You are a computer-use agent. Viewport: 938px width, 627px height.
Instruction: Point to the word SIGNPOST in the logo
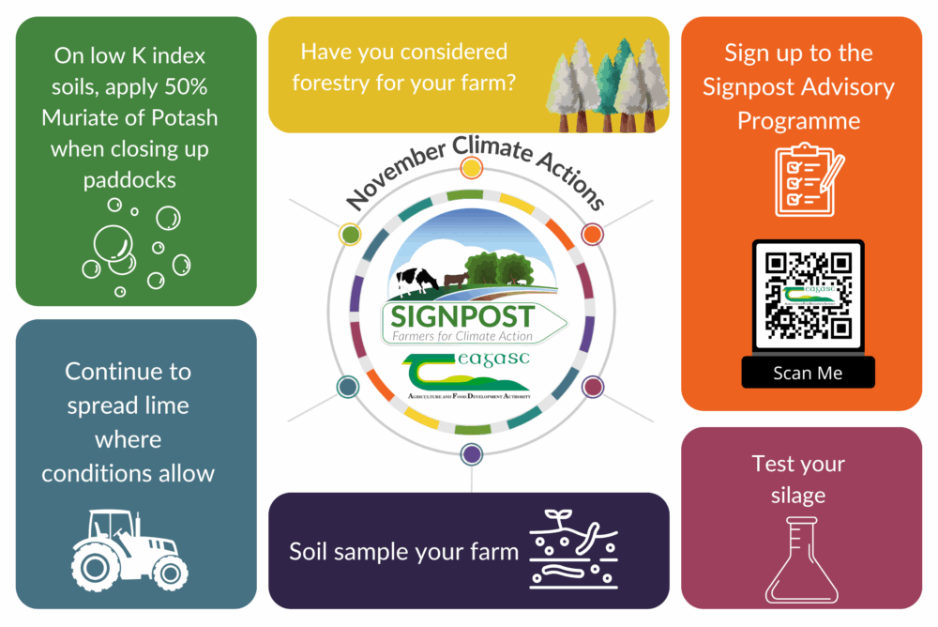point(462,315)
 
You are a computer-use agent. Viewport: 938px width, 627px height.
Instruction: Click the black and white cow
point(416,279)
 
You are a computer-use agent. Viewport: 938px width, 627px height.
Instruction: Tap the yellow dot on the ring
point(472,168)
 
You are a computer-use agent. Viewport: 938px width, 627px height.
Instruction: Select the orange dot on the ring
point(591,233)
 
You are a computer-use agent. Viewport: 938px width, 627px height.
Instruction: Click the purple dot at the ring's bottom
point(472,454)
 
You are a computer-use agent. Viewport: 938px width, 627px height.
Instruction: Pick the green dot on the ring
point(349,233)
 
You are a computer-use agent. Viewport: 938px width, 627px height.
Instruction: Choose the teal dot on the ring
point(347,386)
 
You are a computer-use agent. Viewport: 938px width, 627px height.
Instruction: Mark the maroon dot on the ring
point(592,386)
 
